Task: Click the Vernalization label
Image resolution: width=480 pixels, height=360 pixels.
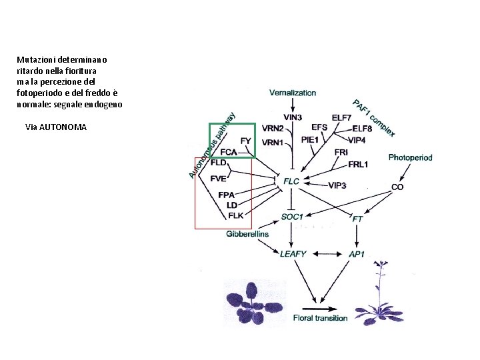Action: point(293,93)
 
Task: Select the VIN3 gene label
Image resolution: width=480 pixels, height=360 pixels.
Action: point(293,117)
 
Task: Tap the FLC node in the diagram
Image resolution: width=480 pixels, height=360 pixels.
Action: point(291,181)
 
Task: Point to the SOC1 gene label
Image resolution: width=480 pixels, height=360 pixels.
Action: point(292,217)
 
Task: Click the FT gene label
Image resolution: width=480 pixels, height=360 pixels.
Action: point(357,218)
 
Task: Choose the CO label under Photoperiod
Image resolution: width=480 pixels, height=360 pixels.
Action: point(397,187)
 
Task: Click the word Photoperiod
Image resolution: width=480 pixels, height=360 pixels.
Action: point(411,158)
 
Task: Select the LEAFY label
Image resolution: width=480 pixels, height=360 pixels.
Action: point(293,253)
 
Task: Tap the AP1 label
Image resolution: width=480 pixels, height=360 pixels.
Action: point(357,253)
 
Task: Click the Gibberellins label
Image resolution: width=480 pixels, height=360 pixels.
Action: point(247,233)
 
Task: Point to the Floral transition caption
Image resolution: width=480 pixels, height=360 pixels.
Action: point(320,318)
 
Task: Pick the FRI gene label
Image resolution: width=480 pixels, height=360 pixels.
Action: point(341,152)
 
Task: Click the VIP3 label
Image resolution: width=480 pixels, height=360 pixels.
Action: point(337,185)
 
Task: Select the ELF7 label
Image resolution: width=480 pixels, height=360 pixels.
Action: point(341,118)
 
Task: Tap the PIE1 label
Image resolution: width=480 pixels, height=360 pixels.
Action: point(311,139)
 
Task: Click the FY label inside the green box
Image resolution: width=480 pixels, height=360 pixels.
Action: point(246,141)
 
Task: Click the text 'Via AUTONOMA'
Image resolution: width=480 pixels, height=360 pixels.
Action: point(56,127)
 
